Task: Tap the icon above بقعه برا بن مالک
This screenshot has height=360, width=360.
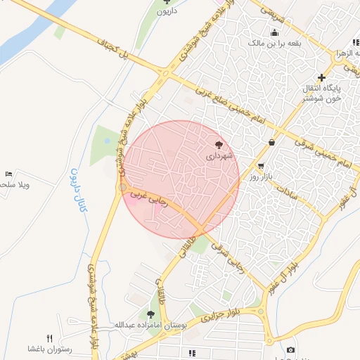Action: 274,32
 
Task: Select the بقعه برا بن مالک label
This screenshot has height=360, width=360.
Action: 274,43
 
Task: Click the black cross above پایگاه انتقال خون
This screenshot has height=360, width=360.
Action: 322,77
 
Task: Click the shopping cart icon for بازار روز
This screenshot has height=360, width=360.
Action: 262,167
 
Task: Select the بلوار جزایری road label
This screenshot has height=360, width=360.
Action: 218,314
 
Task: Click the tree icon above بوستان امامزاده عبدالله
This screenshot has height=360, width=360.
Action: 151,314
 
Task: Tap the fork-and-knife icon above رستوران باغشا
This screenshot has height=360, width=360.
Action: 49,338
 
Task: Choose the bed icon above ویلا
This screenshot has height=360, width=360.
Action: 8,174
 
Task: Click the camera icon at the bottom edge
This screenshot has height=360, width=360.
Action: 290,349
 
